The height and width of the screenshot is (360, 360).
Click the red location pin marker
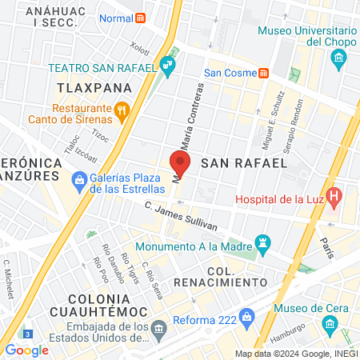click(x=180, y=164)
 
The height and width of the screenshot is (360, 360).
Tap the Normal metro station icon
click(x=141, y=18)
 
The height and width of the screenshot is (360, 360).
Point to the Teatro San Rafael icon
click(x=166, y=67)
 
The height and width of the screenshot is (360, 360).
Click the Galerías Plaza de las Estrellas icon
click(x=78, y=181)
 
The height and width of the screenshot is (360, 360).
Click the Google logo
click(x=26, y=350)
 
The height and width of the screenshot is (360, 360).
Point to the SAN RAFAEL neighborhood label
click(x=243, y=162)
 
